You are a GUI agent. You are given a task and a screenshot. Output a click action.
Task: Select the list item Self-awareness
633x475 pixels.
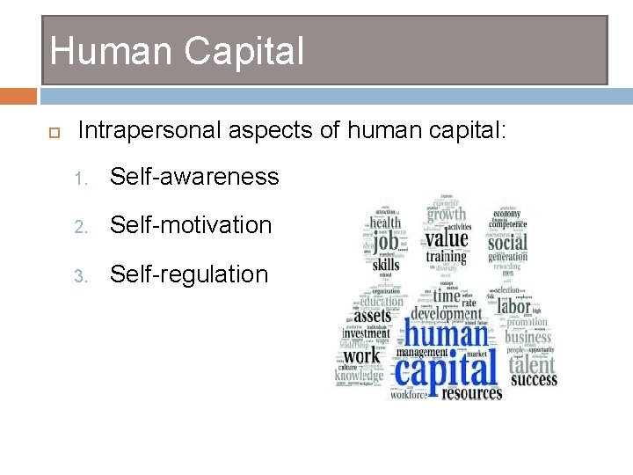click(194, 177)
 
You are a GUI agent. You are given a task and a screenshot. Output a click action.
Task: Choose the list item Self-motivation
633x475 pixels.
click(191, 225)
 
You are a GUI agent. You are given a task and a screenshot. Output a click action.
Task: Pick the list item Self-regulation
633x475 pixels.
click(189, 274)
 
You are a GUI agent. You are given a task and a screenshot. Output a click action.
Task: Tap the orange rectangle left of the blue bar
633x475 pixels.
click(18, 95)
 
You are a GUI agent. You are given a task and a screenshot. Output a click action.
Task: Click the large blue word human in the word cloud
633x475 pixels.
click(447, 334)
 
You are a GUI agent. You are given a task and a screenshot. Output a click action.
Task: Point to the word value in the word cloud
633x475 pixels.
click(447, 237)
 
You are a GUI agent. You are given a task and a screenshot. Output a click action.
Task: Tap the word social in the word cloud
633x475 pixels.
click(507, 241)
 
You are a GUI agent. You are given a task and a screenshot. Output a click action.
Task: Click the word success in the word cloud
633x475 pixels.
click(534, 380)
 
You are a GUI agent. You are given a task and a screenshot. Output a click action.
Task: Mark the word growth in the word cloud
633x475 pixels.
click(447, 214)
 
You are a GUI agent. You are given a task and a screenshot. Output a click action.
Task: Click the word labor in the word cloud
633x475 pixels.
click(514, 305)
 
